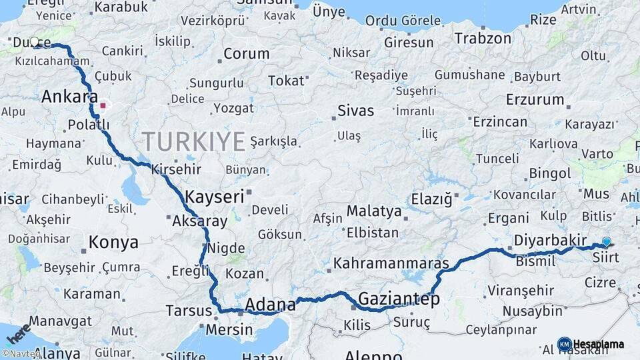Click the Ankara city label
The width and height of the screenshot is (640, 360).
(x=69, y=97)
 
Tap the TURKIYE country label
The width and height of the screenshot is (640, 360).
(x=193, y=141)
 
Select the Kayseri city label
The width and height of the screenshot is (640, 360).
(x=215, y=197)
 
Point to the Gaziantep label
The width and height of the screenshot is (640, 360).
(x=399, y=299)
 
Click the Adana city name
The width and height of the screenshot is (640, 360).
(x=270, y=305)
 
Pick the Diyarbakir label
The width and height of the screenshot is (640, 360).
(x=550, y=240)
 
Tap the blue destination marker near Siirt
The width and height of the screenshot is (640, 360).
(x=606, y=242)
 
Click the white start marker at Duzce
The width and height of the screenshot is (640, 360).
(x=35, y=41)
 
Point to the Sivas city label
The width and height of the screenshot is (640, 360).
(x=355, y=110)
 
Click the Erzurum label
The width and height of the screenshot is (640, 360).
(x=535, y=100)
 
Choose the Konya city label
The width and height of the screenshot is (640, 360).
(x=113, y=242)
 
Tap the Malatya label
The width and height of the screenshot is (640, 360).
(x=374, y=212)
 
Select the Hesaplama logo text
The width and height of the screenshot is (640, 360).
(x=598, y=345)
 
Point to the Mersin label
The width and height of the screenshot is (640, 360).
(x=229, y=329)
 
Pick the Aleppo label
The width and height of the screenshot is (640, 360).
(x=373, y=355)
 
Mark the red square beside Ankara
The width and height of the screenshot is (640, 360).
(x=103, y=105)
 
